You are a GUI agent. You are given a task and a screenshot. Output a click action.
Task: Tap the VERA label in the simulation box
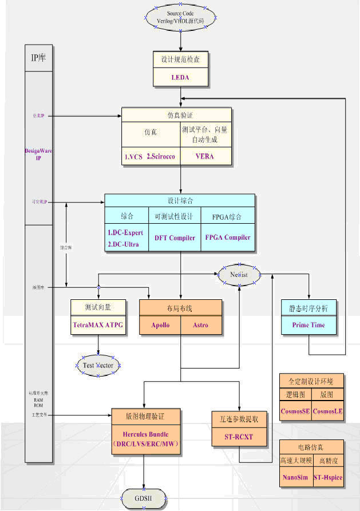[204, 156]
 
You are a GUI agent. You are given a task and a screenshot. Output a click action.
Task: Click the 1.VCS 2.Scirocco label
[151, 156]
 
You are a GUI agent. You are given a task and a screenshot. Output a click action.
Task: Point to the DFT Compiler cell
[175, 237]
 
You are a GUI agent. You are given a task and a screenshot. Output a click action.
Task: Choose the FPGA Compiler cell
[227, 237]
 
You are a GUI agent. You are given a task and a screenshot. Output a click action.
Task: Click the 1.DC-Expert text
[125, 233]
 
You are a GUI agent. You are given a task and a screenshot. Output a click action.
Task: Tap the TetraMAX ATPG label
[97, 325]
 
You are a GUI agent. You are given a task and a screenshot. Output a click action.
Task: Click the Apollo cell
[160, 325]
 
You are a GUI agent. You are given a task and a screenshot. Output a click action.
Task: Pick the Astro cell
[201, 325]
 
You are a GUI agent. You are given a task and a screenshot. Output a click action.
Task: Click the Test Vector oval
[100, 365]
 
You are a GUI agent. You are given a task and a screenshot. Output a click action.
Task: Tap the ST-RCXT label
[239, 437]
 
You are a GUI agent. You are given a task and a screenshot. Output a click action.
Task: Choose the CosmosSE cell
[295, 411]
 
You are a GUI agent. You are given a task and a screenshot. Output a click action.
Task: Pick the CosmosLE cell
[328, 411]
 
